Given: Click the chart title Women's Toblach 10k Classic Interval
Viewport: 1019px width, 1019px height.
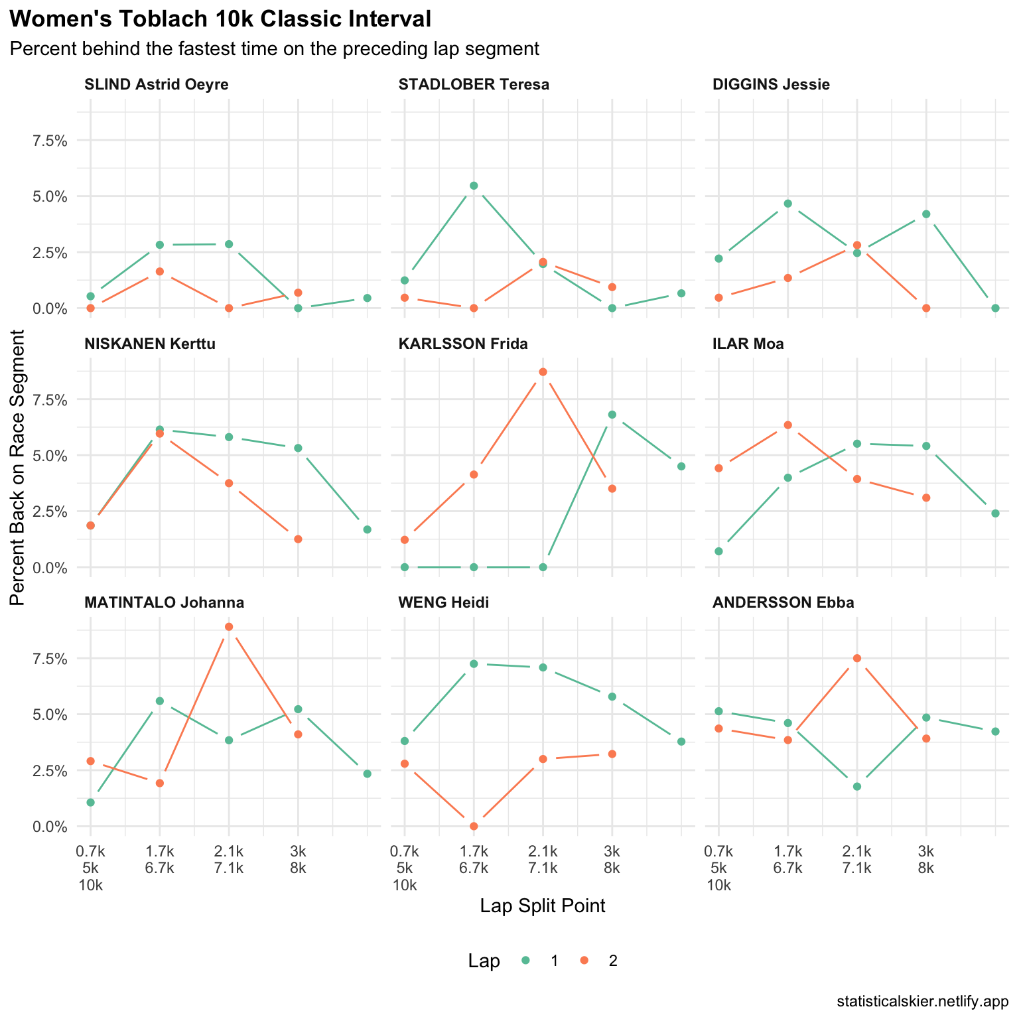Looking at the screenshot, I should coord(221,19).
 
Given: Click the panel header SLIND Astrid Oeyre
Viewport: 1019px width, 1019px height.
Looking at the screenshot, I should coord(157,85).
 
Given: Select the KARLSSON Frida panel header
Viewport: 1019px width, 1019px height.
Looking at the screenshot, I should coord(463,344).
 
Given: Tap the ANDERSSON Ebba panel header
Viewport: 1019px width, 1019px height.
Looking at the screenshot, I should coord(783,602).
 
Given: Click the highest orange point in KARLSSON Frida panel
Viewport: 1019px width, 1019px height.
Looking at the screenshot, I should coord(543,372).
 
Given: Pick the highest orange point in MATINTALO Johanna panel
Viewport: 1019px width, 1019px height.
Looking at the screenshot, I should coord(229,627).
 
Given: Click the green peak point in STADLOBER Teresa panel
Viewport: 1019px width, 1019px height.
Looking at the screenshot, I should coord(474,186).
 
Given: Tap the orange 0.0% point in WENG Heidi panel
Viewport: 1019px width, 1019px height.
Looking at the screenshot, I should coord(474,826).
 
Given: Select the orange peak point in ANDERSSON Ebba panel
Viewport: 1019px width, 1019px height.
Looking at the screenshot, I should coord(856,658).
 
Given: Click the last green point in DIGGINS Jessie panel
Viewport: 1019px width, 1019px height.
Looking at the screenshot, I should coord(995,308).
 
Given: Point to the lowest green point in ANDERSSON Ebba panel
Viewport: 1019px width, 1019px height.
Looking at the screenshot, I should coord(856,787).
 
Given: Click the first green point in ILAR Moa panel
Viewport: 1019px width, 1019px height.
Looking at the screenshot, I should coord(718,551).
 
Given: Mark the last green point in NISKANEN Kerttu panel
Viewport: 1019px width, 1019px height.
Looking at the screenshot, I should coord(367,529).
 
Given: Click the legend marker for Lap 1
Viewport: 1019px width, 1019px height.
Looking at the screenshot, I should coord(526,961).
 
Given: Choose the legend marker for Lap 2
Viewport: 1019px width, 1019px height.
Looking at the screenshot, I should coord(584,961).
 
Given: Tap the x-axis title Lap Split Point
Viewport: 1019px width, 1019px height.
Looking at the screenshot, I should coord(543,906).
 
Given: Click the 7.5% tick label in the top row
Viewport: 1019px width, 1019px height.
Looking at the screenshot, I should coord(50,141).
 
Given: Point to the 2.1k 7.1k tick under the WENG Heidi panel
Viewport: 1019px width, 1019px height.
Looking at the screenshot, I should coord(543,859).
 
